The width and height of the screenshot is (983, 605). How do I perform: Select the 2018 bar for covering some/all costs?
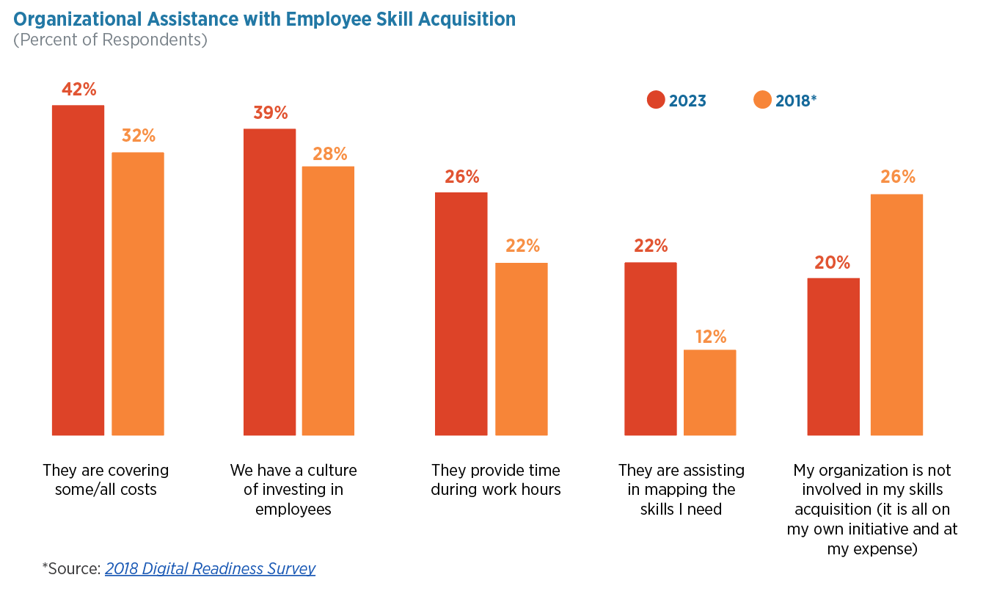coord(138,294)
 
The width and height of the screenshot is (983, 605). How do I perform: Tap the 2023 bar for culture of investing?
coord(269,282)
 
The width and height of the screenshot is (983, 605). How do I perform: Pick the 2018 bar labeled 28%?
coord(328,301)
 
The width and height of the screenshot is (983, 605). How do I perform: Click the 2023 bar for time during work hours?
coord(461,314)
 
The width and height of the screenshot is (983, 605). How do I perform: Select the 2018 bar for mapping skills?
coord(709,392)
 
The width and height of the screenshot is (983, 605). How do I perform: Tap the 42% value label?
coord(78,90)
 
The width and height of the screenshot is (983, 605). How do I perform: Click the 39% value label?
coord(270,113)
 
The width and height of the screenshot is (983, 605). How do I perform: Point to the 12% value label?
coord(710,336)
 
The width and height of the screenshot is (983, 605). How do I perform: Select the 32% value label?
coord(139,136)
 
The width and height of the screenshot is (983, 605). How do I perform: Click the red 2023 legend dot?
coord(656,101)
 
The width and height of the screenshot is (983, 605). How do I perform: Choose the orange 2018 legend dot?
coord(763,101)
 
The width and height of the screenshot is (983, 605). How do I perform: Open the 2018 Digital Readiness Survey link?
coord(210,568)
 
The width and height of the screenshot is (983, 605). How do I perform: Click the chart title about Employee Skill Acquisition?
coord(264,19)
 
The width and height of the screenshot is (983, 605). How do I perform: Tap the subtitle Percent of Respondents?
coord(110,40)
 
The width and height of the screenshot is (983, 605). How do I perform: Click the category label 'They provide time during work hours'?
coord(496,479)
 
